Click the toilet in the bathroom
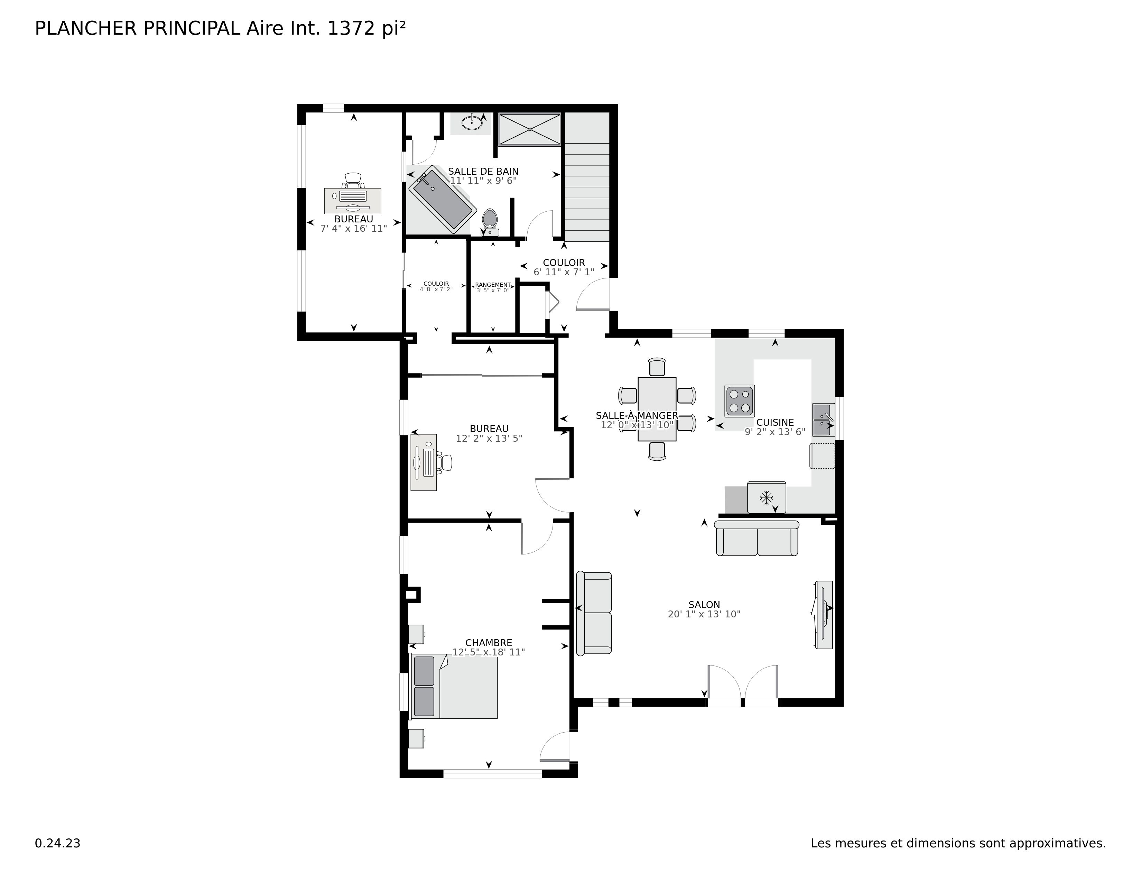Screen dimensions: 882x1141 (490, 221)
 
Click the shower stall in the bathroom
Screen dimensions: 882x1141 (529, 129)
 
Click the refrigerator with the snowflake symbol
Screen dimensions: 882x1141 (766, 497)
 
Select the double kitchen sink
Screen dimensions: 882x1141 (823, 420)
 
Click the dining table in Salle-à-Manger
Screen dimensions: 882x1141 (657, 408)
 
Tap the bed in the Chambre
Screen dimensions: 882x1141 (455, 687)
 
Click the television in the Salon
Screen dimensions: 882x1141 (823, 615)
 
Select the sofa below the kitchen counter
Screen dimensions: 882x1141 (757, 539)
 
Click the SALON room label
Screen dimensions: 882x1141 (704, 605)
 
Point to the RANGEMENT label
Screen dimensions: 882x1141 (493, 285)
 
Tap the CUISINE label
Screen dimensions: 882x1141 (775, 422)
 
